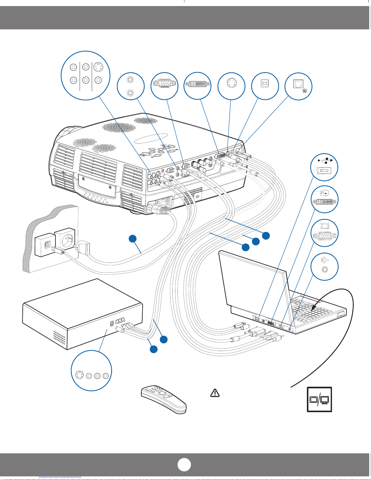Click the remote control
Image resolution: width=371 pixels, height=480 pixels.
click(164, 399)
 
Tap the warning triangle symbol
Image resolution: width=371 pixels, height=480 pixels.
click(215, 393)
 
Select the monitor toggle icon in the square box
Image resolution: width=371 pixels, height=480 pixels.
click(320, 399)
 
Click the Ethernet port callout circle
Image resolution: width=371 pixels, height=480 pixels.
click(298, 86)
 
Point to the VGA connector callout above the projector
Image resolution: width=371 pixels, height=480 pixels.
click(164, 86)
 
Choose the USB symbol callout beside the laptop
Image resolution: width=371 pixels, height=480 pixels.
click(325, 167)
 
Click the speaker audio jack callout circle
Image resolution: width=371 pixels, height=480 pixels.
click(325, 266)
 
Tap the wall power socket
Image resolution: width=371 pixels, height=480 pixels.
click(64, 238)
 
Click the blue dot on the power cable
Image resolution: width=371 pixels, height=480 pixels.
click(132, 239)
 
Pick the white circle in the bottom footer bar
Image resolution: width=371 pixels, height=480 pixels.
click(184, 465)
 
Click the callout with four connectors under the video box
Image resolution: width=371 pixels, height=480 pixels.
click(91, 371)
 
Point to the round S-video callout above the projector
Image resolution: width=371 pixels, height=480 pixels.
click(231, 86)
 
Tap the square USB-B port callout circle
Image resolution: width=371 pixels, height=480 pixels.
click(265, 86)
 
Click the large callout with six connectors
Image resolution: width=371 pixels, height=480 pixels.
click(85, 75)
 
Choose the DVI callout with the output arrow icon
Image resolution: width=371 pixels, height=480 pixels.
click(325, 200)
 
